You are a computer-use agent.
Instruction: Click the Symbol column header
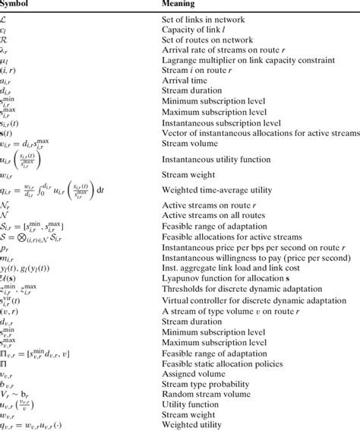[x=18, y=4]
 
